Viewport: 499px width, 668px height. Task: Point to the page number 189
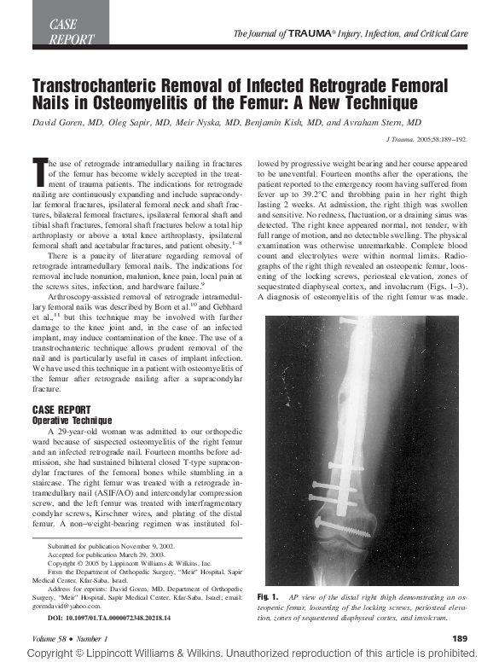coord(459,638)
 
